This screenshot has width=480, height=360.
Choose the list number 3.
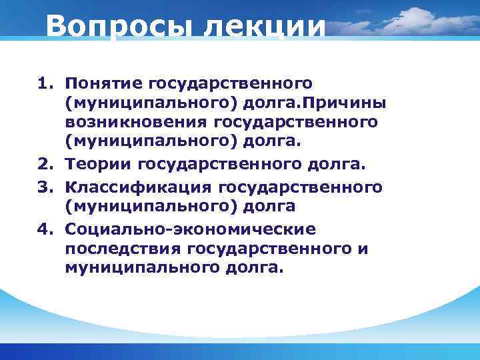pyautogui.click(x=44, y=187)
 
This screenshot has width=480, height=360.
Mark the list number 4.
pyautogui.click(x=44, y=229)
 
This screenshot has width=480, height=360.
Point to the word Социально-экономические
pyautogui.click(x=190, y=229)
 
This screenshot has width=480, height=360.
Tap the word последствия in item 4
pyautogui.click(x=124, y=248)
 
